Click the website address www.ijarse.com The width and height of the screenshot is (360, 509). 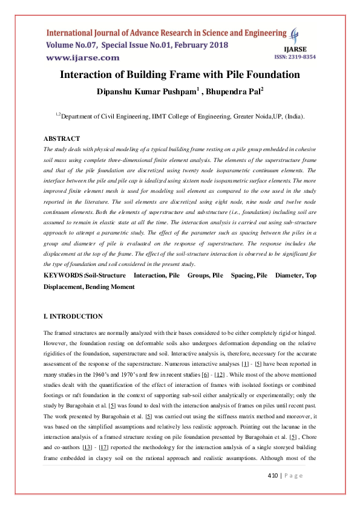pos(83,57)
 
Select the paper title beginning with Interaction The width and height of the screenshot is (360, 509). pos(180,75)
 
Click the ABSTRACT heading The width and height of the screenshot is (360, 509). pos(62,138)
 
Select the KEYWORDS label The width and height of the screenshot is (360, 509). pos(64,275)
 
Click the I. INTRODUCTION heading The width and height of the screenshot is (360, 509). pos(73,316)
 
